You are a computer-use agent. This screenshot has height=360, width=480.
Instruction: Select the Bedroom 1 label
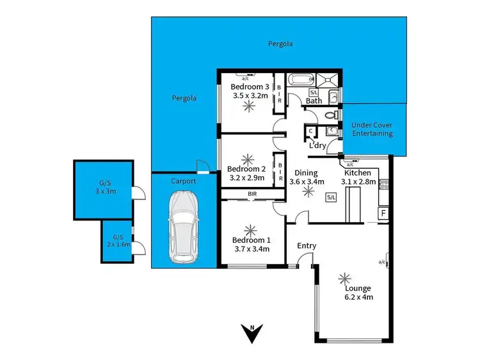click(250, 240)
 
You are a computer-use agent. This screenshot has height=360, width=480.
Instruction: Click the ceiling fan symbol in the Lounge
click(346, 277)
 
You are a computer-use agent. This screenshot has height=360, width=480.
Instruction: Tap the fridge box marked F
click(383, 212)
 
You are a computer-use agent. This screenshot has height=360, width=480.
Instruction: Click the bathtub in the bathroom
click(300, 81)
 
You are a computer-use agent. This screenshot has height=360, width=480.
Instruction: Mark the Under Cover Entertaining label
click(372, 129)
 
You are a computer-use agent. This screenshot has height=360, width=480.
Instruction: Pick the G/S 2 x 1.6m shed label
click(116, 240)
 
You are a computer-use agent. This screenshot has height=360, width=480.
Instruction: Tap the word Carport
click(182, 181)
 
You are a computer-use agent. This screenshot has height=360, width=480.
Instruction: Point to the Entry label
click(307, 246)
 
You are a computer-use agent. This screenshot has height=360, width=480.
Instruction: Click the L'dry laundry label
click(318, 145)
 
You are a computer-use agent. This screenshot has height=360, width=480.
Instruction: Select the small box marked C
click(310, 131)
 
